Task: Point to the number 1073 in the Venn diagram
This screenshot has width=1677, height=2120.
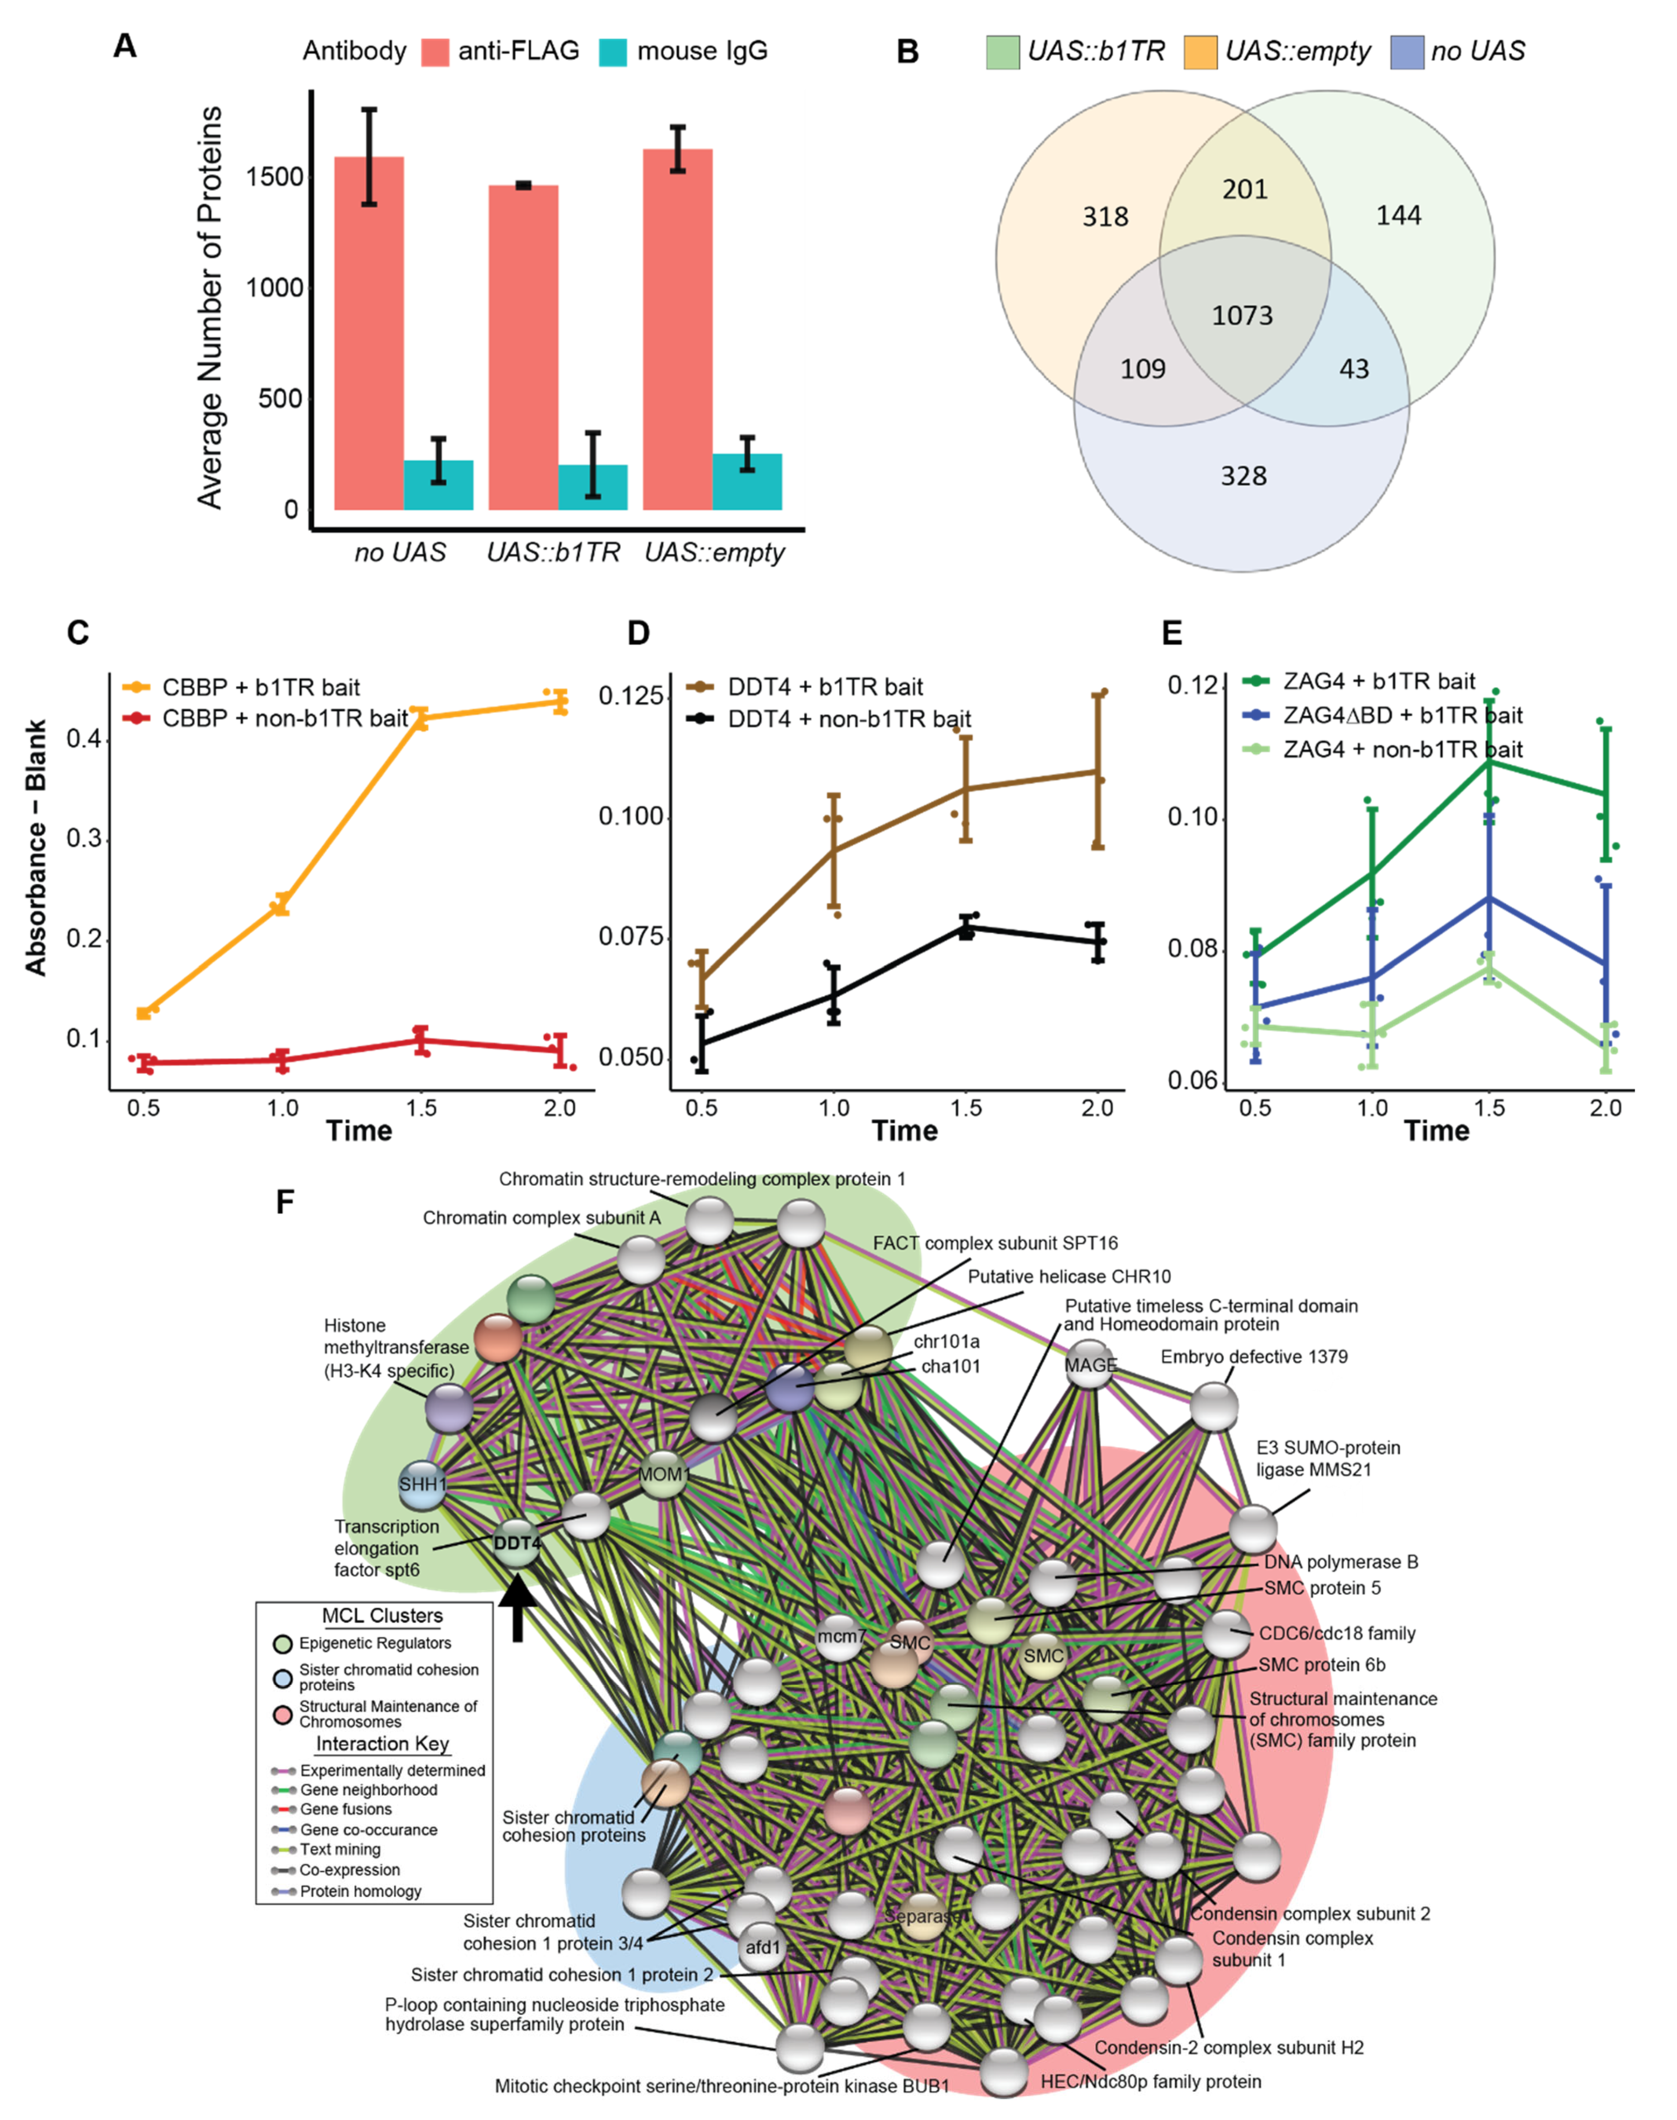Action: pos(1242,315)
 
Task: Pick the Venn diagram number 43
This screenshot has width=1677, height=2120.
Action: pos(1354,369)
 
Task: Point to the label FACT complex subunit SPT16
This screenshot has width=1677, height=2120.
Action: pos(995,1243)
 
